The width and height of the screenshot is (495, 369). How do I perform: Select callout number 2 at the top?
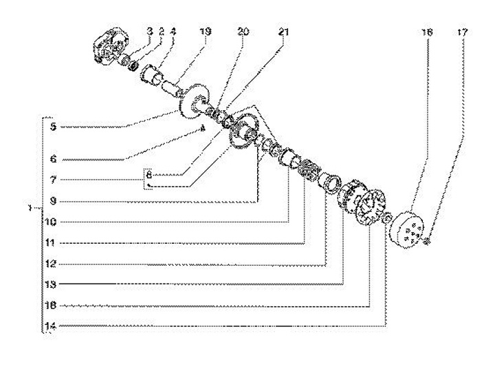(x=159, y=31)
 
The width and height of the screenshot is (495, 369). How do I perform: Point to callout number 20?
(x=243, y=31)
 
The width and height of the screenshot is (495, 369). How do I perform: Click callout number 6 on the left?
(x=52, y=158)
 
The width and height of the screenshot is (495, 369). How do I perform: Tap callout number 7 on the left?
(x=52, y=180)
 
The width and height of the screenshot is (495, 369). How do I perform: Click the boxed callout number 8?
(x=148, y=175)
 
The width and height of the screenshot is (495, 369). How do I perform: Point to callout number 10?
(x=50, y=222)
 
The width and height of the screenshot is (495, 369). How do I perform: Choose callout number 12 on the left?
(x=50, y=263)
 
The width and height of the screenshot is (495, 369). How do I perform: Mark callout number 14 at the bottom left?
(x=50, y=326)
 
